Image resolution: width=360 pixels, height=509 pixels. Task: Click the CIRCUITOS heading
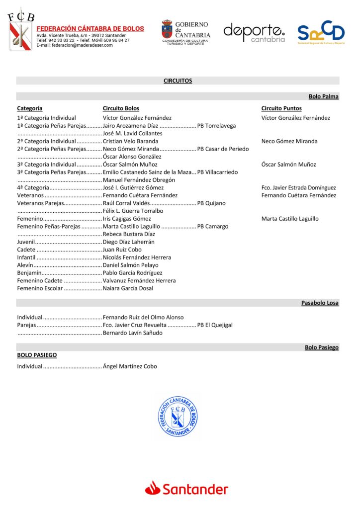[x=178, y=81]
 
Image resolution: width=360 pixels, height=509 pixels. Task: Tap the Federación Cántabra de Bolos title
[x=90, y=29]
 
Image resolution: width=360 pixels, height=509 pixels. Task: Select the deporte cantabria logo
[x=254, y=32]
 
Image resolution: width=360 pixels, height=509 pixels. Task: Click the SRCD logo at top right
[x=321, y=33]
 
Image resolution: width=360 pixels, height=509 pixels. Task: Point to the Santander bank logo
[x=186, y=489]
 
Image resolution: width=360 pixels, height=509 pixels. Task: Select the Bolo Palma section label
[x=323, y=96]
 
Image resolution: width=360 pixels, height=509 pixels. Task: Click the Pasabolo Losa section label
[x=320, y=303]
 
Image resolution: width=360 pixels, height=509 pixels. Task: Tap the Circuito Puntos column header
[x=281, y=108]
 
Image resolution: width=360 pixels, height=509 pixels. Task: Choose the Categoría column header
[x=29, y=108]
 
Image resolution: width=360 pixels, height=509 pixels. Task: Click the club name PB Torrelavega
[x=216, y=126]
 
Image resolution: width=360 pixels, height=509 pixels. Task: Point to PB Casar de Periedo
[x=223, y=149]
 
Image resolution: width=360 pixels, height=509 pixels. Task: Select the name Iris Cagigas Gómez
[x=127, y=219]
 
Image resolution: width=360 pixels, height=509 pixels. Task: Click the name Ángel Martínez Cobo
[x=130, y=366]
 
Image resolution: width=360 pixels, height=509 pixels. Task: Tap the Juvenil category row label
[x=26, y=242]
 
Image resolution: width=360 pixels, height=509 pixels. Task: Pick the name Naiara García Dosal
[x=128, y=288]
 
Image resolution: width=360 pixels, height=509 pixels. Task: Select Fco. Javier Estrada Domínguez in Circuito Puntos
[x=298, y=188]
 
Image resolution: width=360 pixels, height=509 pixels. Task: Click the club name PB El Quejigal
[x=215, y=325]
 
